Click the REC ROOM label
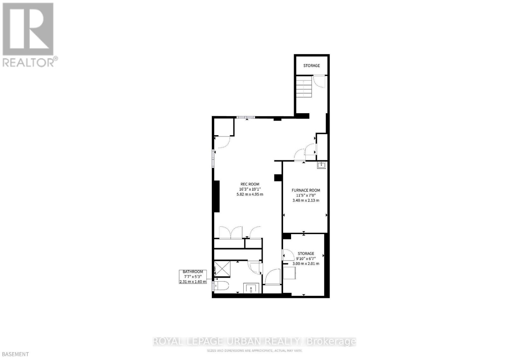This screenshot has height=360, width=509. coord(249,184)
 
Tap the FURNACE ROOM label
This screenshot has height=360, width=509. coord(306,190)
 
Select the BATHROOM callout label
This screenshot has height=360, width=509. coord(193,272)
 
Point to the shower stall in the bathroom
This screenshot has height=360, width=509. coord(222,269)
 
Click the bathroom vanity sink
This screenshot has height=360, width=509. coord(251,288)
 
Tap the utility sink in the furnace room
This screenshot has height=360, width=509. coord(321,165)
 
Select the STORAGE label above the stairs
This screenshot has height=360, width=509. coord(311,66)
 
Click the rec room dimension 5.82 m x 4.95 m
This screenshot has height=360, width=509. coord(250,194)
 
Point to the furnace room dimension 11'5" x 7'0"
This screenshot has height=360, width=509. coord(306,195)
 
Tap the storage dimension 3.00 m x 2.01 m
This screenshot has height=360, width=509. coord(306,264)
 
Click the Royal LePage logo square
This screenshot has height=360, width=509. coord(28,29)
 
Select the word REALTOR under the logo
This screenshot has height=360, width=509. coord(28,62)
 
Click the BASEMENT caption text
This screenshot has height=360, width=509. coord(15,354)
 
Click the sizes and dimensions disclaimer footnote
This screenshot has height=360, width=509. coord(254,350)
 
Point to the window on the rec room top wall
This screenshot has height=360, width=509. coord(246,117)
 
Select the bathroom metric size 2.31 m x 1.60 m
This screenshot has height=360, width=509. coord(193,282)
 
